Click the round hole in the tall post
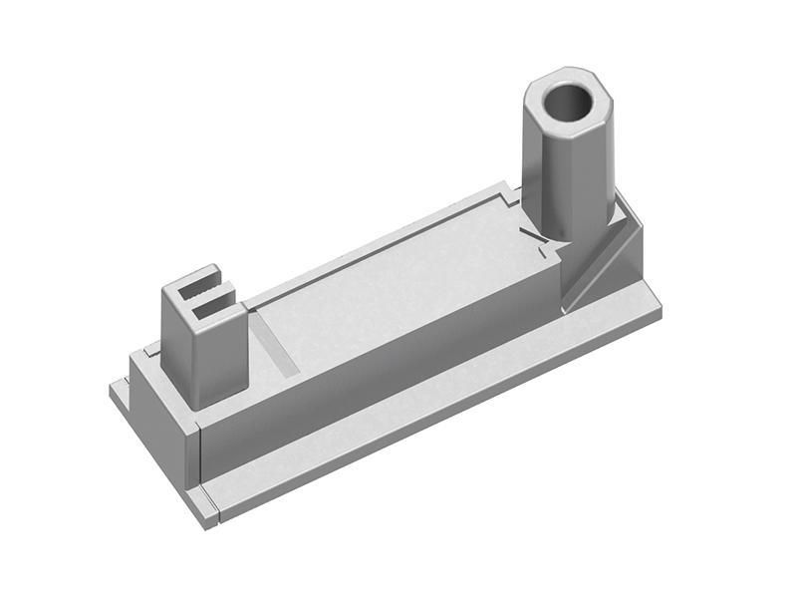569,102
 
